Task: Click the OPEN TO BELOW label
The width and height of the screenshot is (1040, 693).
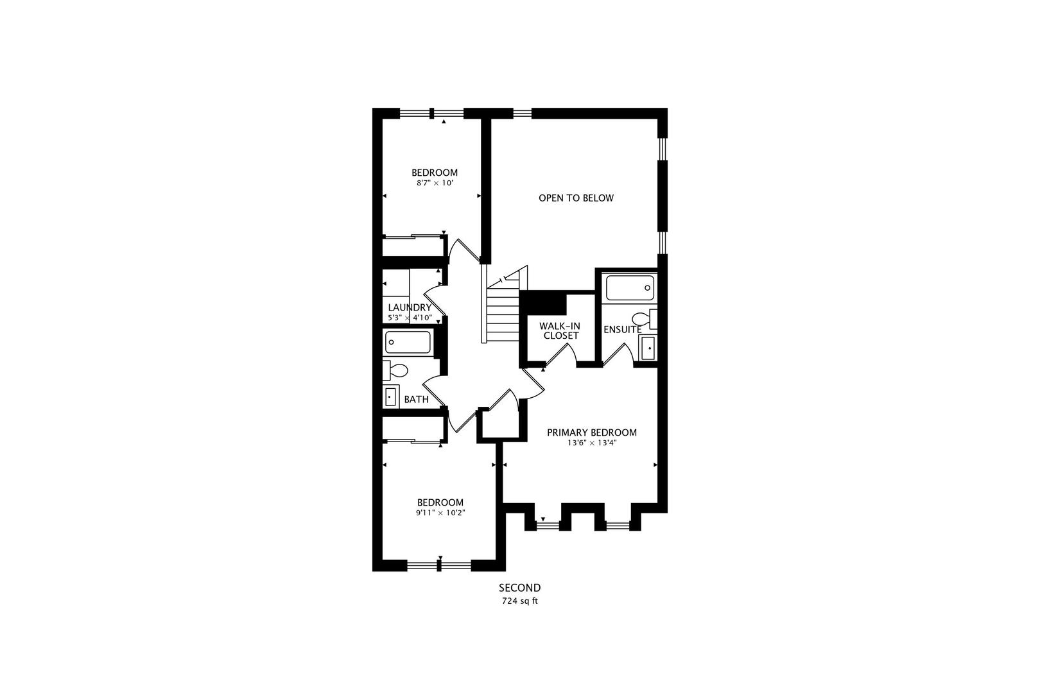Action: coord(576,198)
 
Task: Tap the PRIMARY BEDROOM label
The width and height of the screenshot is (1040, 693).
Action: coord(591,432)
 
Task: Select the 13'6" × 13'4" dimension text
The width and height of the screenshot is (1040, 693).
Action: coord(591,443)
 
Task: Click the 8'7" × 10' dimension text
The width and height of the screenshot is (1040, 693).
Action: coord(435,183)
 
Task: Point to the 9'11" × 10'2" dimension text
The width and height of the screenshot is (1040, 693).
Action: coord(440,513)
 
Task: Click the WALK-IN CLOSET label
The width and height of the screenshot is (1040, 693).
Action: coord(560,331)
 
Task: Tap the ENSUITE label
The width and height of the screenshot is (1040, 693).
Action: coord(622,329)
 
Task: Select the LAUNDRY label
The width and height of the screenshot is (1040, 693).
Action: coord(410,307)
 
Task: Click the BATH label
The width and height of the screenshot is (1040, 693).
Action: coord(416,400)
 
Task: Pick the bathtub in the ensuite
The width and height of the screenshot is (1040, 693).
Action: coord(630,288)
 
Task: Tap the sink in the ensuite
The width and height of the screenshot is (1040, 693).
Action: coord(648,348)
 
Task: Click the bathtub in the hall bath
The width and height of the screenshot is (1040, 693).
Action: coord(408,342)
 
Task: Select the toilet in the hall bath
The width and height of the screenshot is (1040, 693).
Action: coord(395,371)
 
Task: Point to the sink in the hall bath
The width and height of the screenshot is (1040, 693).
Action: coord(390,397)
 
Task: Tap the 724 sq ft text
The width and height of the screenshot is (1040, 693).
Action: coord(519,601)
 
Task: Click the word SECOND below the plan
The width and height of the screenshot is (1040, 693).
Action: coord(519,588)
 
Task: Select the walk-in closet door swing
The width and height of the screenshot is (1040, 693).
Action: coord(560,355)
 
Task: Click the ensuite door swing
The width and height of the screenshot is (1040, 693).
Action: coord(617,354)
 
